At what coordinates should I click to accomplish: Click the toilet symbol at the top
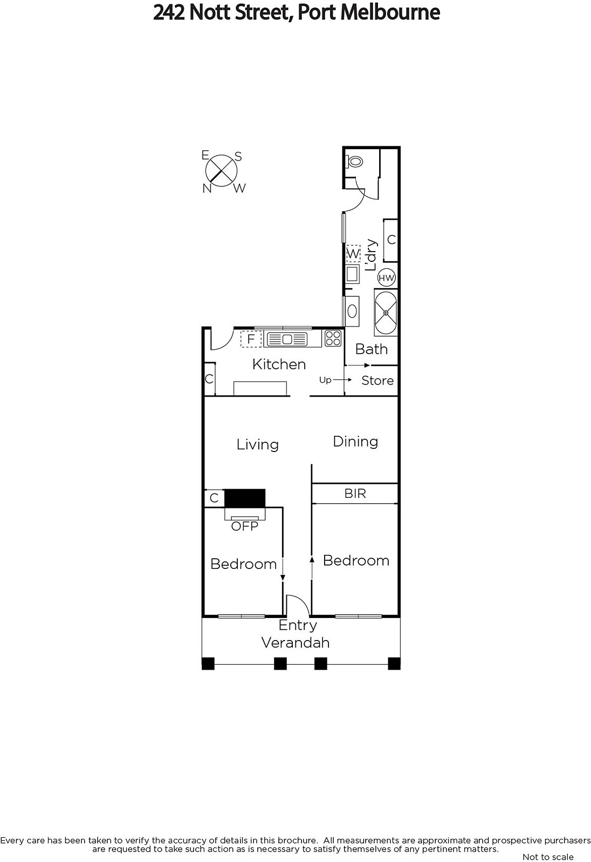[354, 161]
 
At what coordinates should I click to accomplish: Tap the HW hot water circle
[387, 278]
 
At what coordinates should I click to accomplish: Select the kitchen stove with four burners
[333, 338]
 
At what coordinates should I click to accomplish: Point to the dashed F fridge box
[251, 339]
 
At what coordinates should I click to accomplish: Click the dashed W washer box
[353, 254]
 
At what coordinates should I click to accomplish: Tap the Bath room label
[372, 349]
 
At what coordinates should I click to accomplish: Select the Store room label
[377, 380]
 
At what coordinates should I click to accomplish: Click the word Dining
[355, 441]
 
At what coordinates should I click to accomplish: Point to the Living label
[257, 444]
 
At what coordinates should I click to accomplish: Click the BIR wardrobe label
[355, 493]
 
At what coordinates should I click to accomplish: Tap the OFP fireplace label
[245, 526]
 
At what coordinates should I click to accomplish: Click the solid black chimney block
[245, 498]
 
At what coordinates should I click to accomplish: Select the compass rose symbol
[222, 170]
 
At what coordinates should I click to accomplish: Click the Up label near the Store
[325, 380]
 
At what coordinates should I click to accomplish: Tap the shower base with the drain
[386, 313]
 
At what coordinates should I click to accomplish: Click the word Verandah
[295, 643]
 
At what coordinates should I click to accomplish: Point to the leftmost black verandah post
[208, 663]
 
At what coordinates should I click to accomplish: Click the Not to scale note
[548, 857]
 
